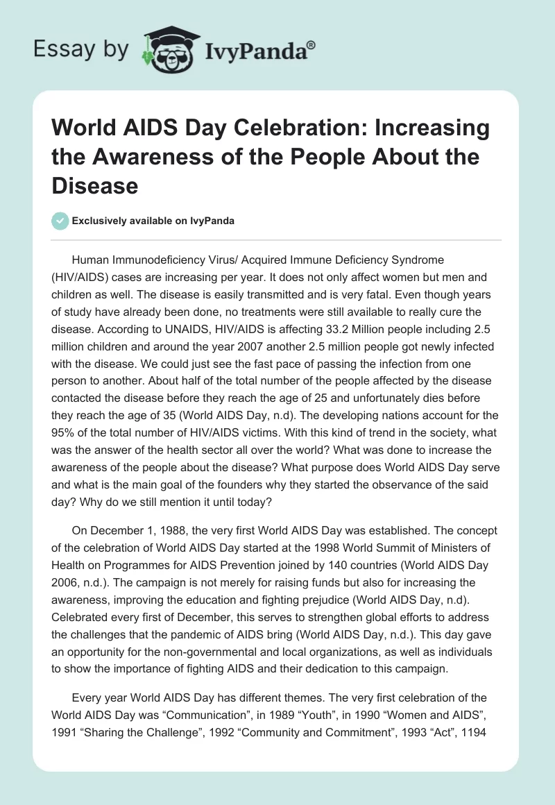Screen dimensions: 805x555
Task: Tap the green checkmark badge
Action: tap(60, 221)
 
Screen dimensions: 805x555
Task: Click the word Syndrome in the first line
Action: tap(414, 260)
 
